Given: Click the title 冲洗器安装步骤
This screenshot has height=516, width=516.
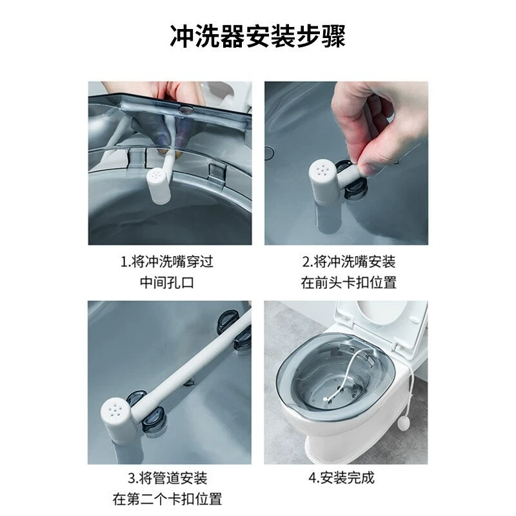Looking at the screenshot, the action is point(257,36).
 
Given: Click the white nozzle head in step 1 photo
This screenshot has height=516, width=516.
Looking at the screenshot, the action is point(159,186).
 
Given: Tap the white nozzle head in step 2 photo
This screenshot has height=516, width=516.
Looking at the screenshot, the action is point(324,182).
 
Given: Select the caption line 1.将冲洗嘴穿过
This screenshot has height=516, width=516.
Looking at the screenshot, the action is point(167,262).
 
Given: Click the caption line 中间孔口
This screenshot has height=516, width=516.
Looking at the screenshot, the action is point(167,283).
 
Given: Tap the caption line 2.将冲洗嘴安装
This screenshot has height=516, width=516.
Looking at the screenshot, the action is point(349,262).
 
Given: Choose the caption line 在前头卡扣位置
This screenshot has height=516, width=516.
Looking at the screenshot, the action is point(349,283).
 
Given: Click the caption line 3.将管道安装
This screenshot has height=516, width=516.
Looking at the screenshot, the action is point(168,478).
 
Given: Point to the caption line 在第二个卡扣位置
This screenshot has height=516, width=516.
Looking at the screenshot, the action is point(167,499).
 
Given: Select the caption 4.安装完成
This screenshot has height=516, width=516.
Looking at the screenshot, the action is point(341,478).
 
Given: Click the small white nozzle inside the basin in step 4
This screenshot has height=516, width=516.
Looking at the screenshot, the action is point(325,399).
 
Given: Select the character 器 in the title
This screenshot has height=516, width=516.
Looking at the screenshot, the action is point(233,36).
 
